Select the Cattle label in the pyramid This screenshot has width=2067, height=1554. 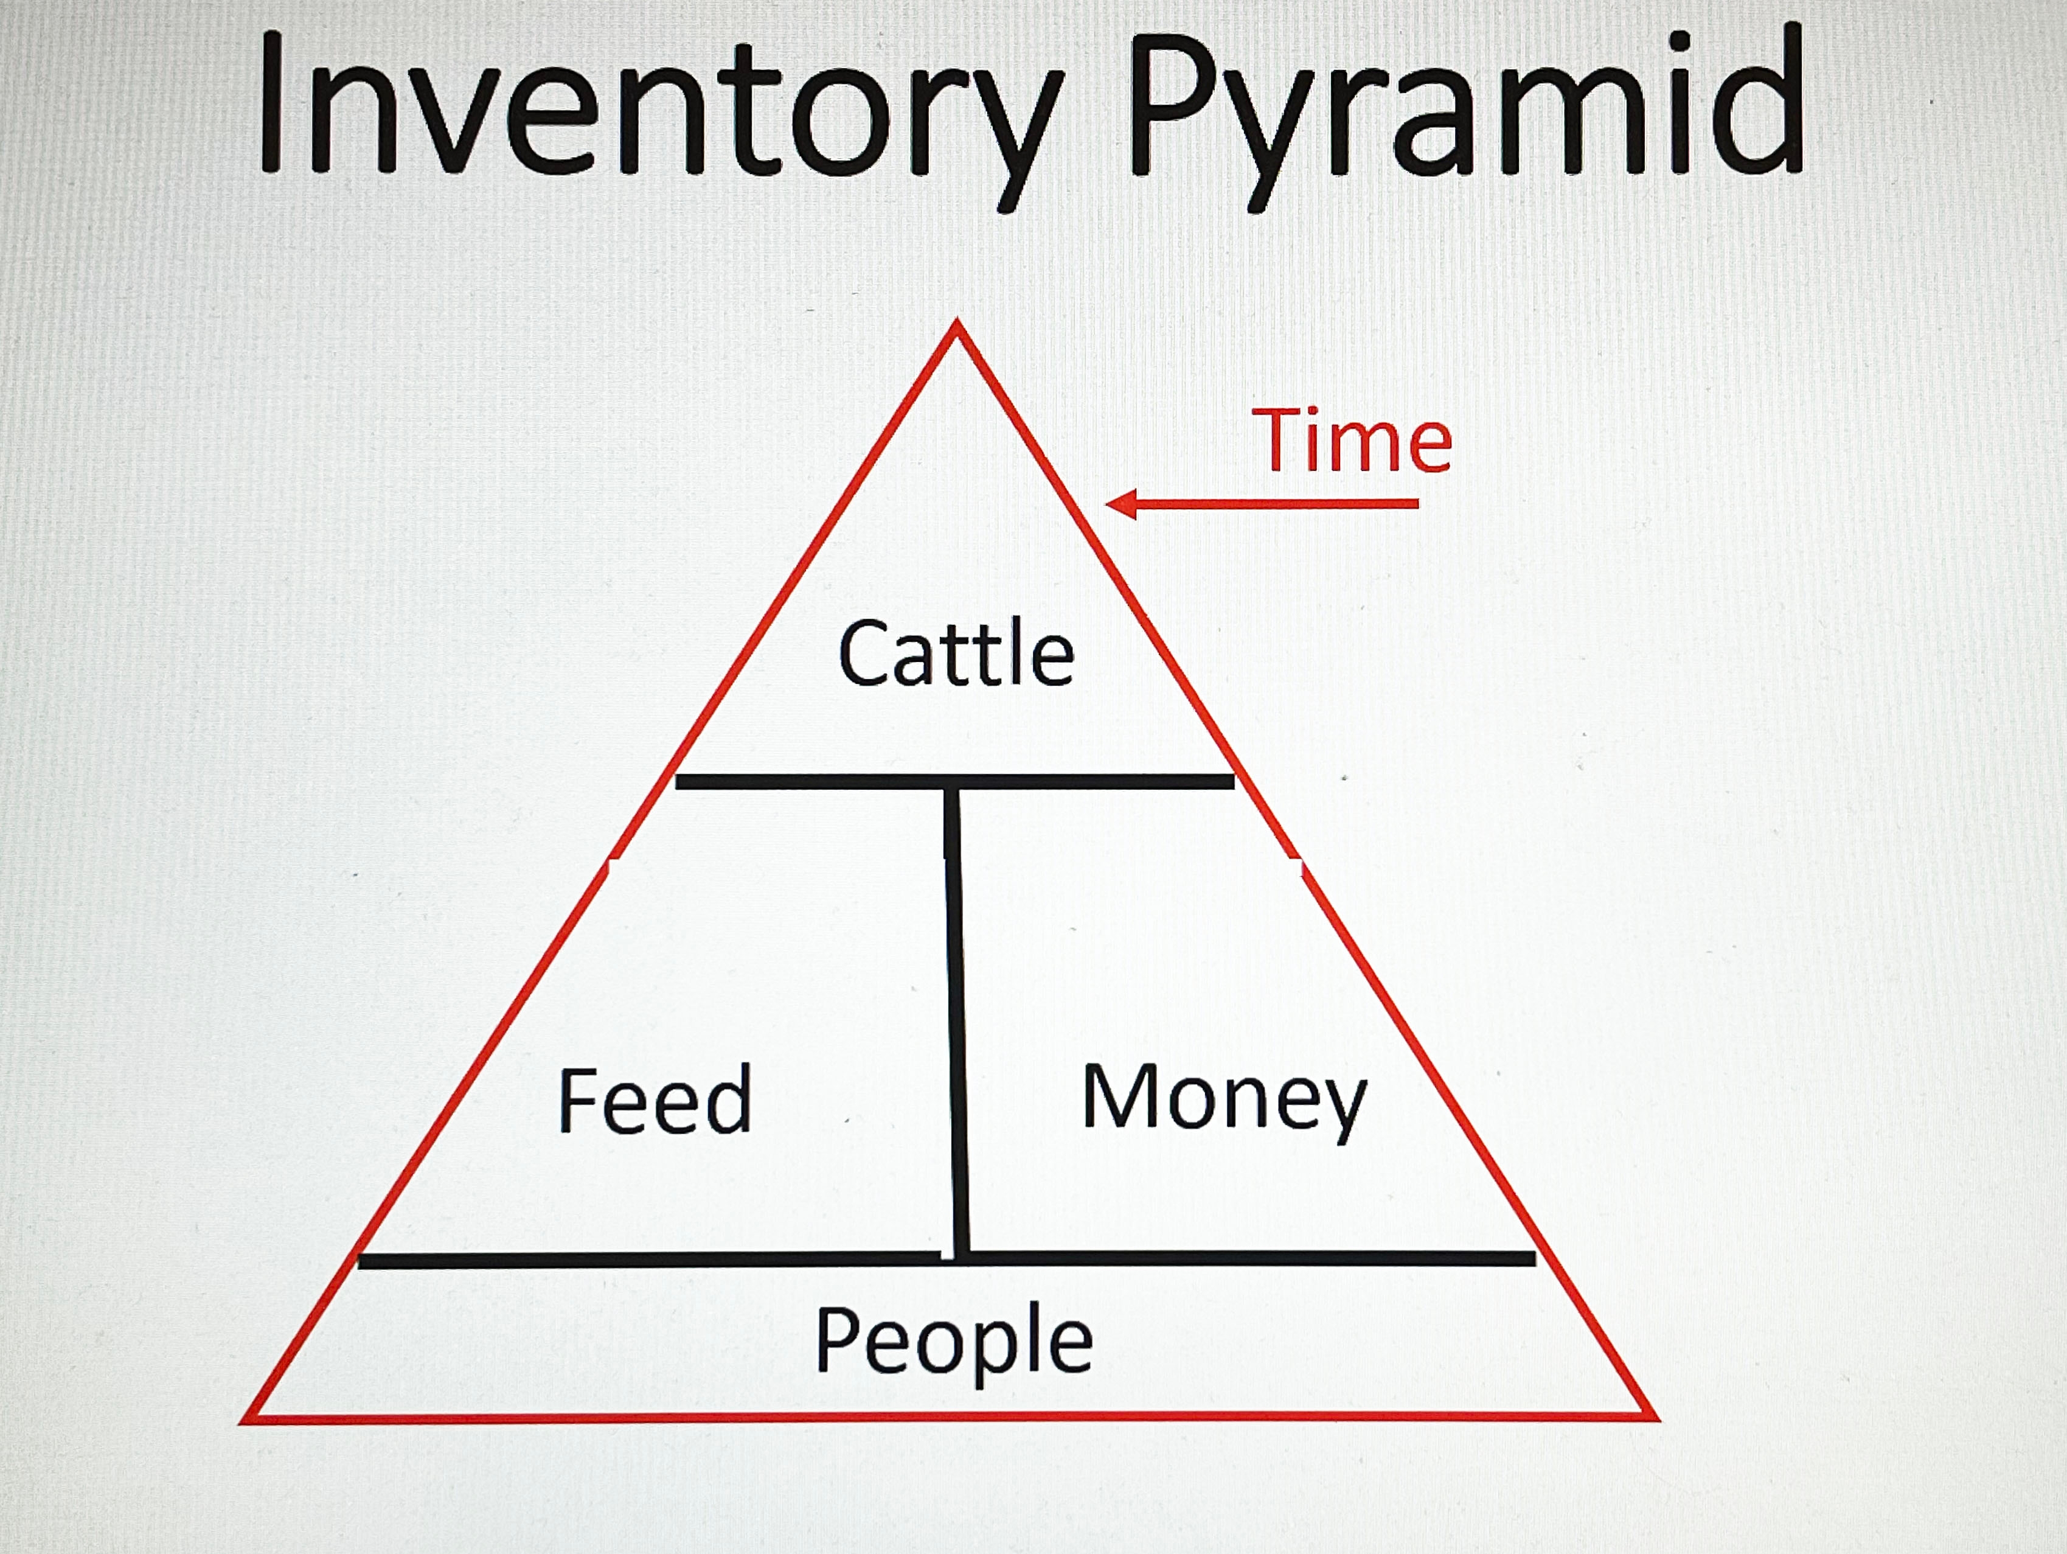pos(956,653)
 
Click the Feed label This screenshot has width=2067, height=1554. pos(654,1100)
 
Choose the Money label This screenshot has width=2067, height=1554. pos(1223,1098)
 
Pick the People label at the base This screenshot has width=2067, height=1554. pos(953,1342)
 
